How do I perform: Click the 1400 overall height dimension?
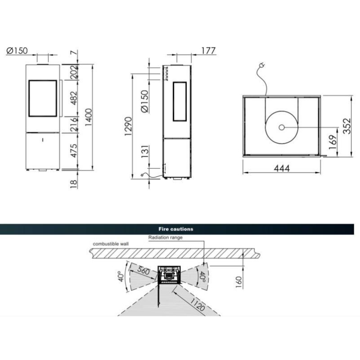point(88,117)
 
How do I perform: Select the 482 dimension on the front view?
point(73,98)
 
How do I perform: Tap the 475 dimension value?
point(73,151)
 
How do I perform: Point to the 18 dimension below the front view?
point(73,184)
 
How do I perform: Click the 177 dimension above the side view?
point(208,51)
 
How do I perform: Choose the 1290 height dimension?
point(128,126)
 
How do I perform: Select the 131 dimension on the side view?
point(145,152)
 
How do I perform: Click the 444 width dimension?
point(282,168)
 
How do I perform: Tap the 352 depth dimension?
point(346,126)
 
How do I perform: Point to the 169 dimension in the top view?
point(333,142)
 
